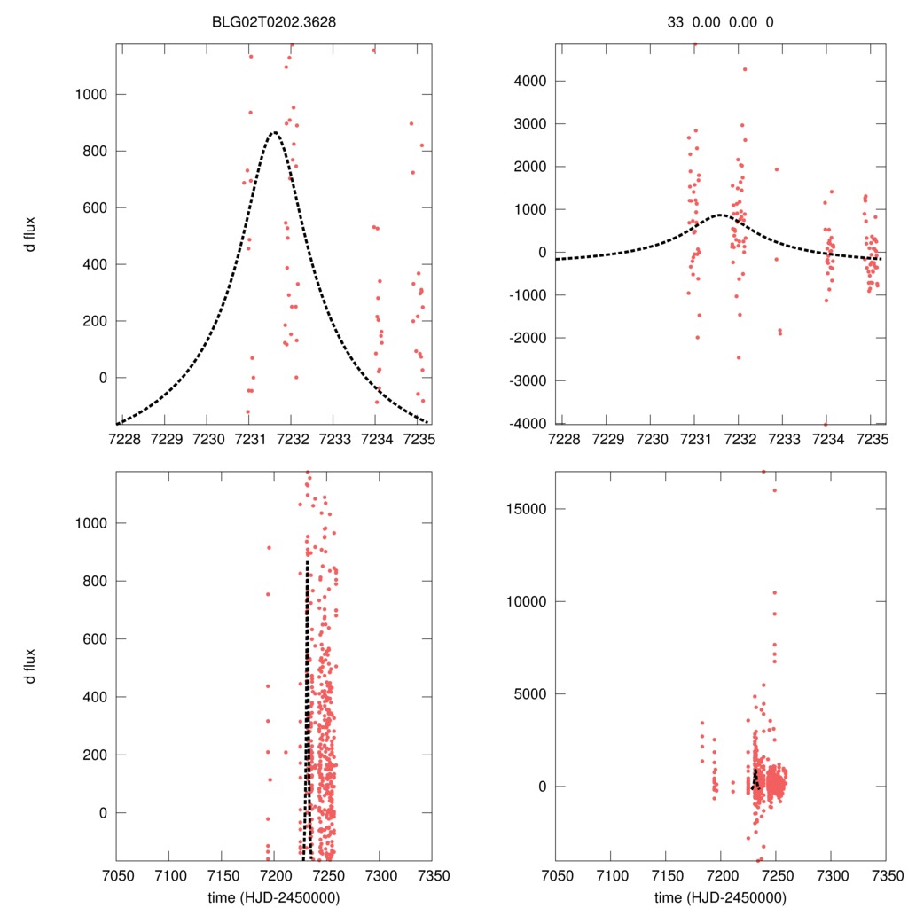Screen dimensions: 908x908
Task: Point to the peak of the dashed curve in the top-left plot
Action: click(273, 133)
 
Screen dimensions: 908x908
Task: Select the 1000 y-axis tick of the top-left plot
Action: click(91, 94)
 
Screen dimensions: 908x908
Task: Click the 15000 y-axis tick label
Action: click(528, 509)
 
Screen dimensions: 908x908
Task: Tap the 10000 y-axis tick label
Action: click(528, 601)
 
